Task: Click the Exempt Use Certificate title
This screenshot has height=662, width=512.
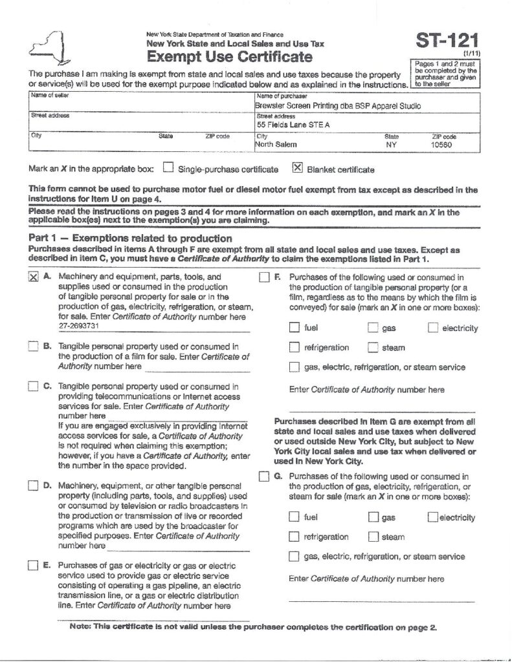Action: pos(230,58)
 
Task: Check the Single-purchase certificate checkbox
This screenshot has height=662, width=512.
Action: pos(168,169)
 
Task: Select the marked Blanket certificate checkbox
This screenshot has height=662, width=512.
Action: pos(298,169)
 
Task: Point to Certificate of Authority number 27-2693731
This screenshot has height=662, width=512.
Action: pos(80,327)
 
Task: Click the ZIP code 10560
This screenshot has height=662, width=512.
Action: pos(442,145)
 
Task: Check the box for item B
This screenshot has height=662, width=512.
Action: pos(33,347)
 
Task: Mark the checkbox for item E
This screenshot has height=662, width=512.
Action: pos(33,567)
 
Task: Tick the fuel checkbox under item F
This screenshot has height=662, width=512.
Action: pos(295,328)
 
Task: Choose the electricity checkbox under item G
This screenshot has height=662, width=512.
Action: pos(432,517)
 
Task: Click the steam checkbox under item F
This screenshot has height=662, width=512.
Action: pos(372,348)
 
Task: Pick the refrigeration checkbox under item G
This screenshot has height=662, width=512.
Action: pos(295,537)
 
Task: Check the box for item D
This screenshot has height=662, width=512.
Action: pos(33,486)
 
